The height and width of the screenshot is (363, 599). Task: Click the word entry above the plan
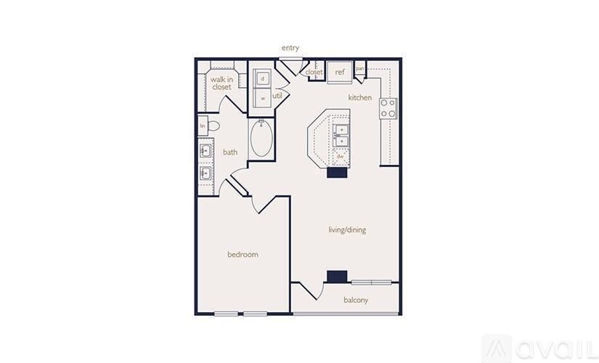pos(290,48)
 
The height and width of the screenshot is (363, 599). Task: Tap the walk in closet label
pos(221,83)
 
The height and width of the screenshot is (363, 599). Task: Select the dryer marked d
pos(262,77)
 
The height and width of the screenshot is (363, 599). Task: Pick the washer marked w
pos(262,98)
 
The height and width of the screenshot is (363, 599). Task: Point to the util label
pos(277,95)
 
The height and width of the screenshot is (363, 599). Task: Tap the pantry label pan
pos(359,69)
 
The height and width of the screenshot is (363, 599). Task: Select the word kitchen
pos(359,97)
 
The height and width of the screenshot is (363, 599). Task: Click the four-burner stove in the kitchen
pos(388,108)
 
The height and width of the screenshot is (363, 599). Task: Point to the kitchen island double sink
pos(341,136)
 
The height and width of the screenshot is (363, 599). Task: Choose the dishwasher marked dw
pos(339,156)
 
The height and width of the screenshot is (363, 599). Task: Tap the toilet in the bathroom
pos(213,126)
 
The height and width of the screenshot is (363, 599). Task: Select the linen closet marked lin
pos(203,126)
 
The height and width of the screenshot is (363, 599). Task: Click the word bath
pos(229,152)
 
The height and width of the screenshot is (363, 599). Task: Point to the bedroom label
pos(243,254)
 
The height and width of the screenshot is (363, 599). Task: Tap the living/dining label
pos(347,230)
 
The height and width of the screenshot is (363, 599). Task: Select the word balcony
pos(355,300)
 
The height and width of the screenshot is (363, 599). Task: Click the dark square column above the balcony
pos(335,276)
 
